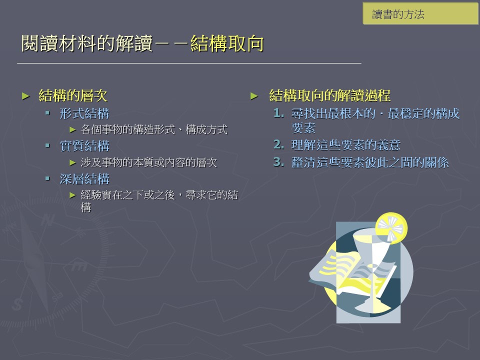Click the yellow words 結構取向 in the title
point(227,43)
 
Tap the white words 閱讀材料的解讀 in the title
point(87,43)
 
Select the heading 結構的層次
point(73,95)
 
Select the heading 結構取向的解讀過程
point(329,95)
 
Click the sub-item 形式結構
point(84,113)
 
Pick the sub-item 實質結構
point(84,146)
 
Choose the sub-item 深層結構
point(84,179)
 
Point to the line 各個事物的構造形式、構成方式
point(154,129)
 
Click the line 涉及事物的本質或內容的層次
point(149,162)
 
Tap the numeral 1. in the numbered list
point(278,113)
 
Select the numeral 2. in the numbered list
point(278,144)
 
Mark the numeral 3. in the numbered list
point(278,162)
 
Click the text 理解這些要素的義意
point(346,145)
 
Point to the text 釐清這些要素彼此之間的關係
point(370,162)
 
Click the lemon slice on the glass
point(391,228)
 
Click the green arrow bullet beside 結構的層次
point(25,96)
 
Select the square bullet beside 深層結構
point(47,178)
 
